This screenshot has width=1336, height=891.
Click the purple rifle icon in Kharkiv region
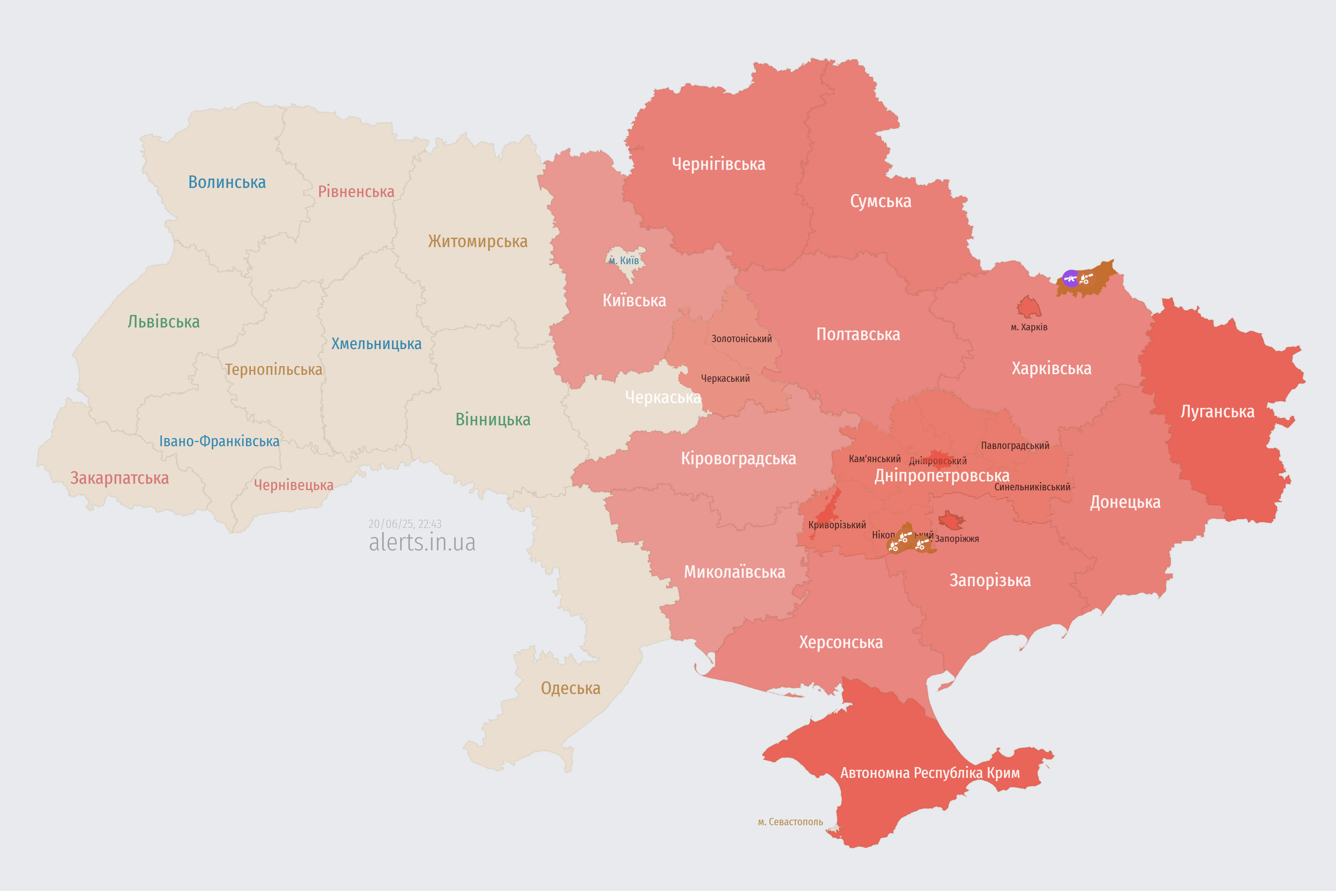coord(1070,278)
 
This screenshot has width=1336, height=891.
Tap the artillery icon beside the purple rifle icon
coord(1085,278)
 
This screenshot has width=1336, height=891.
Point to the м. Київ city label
coord(624,261)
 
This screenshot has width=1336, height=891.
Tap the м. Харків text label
coord(1029,327)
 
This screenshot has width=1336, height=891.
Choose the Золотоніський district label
coord(741,339)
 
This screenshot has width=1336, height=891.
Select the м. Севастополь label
coord(790,822)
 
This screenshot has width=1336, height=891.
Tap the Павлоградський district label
coord(1015,445)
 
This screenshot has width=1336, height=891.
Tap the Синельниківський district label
coord(1032,487)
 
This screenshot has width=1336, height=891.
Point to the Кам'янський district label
coord(874,459)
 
